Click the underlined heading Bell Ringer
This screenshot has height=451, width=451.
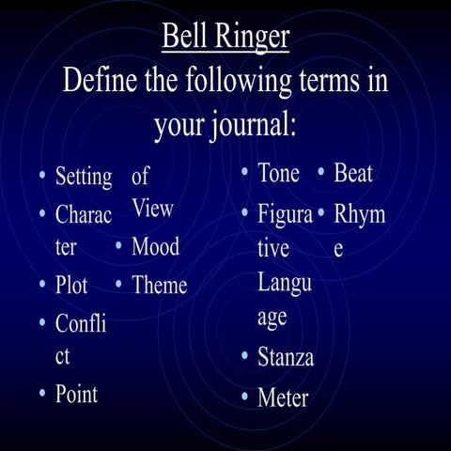click(225, 38)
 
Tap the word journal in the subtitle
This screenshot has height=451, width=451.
click(248, 124)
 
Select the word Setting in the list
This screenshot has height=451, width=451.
click(84, 177)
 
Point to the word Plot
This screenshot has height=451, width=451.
click(71, 285)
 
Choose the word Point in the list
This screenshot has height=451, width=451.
click(76, 393)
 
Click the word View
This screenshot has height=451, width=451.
click(152, 210)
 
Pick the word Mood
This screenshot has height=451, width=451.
click(155, 248)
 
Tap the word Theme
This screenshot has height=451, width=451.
click(160, 285)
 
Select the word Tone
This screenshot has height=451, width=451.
click(278, 174)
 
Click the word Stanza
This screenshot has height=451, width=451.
click(286, 358)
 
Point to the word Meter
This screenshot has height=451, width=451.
click(283, 397)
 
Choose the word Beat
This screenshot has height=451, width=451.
click(353, 174)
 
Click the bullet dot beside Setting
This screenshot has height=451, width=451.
click(42, 178)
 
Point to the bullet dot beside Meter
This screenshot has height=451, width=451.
click(244, 398)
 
